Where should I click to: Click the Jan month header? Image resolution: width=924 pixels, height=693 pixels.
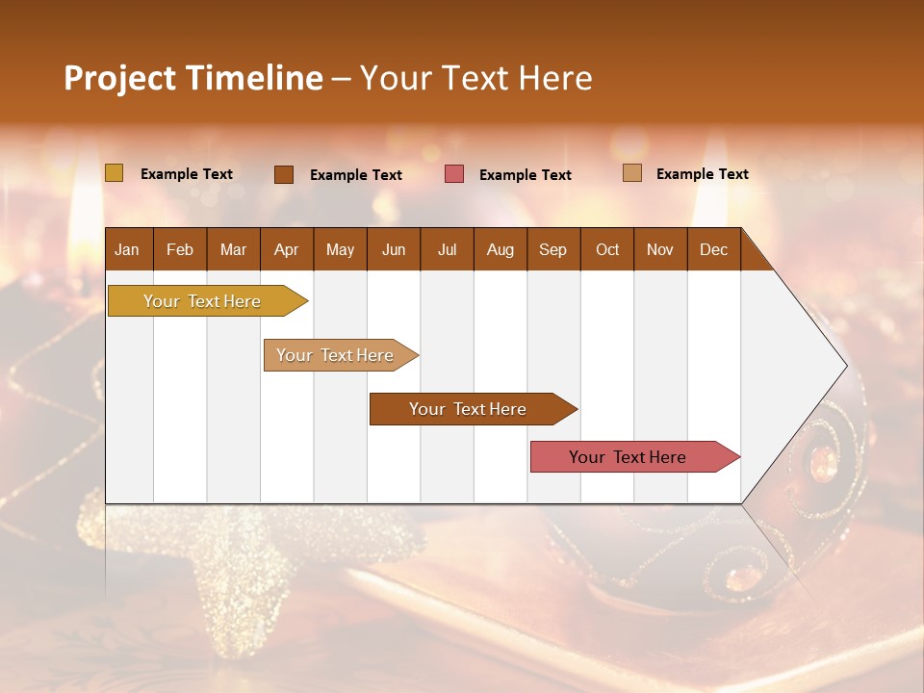[x=128, y=249]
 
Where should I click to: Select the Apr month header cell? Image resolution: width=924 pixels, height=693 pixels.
[x=287, y=249]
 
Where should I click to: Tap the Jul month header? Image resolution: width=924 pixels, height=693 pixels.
[x=447, y=249]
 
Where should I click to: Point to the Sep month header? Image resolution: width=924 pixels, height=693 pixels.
[x=553, y=249]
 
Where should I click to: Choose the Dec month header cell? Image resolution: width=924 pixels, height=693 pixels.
[x=713, y=249]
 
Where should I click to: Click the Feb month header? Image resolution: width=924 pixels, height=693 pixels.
[x=180, y=249]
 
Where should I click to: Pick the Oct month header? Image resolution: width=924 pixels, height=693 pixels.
[x=607, y=249]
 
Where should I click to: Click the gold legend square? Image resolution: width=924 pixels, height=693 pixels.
[x=115, y=173]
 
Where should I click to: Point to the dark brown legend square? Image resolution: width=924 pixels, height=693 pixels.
[x=284, y=174]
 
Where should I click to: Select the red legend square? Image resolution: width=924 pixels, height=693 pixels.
[x=454, y=174]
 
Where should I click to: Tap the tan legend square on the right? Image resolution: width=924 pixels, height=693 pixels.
[x=632, y=173]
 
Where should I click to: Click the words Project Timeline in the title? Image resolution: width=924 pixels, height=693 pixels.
[x=192, y=78]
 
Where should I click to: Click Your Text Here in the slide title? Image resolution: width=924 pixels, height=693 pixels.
[x=476, y=78]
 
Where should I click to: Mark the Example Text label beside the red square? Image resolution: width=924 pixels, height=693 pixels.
[x=526, y=175]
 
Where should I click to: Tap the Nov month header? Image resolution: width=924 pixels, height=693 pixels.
[x=660, y=249]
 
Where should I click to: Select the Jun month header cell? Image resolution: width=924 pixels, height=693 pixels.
[x=394, y=249]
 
